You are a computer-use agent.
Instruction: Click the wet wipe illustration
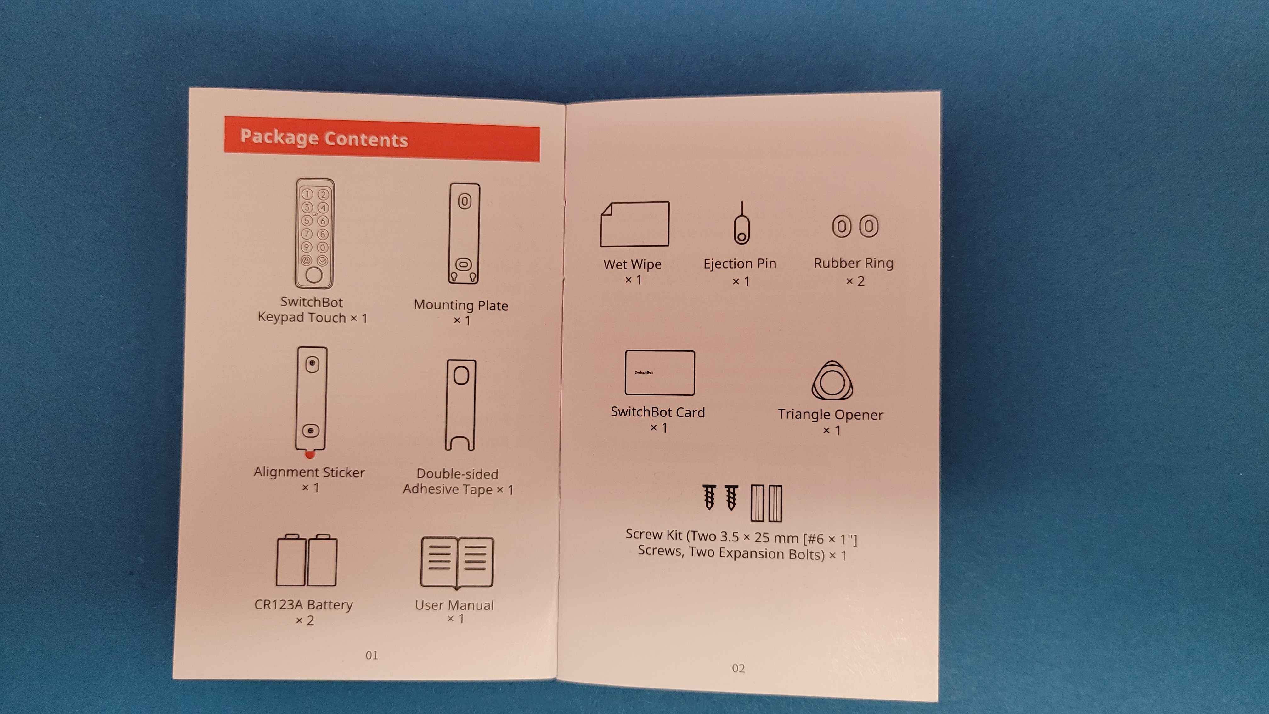(x=634, y=224)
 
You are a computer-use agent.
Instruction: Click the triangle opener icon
(x=832, y=381)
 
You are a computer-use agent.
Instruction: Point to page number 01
(x=372, y=655)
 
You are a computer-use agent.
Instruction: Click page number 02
(x=738, y=668)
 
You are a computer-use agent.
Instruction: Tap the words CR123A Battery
(x=303, y=605)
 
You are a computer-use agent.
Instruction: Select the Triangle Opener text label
(x=831, y=414)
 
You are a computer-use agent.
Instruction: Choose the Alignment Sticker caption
(x=309, y=472)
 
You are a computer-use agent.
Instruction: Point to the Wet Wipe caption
(x=633, y=265)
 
